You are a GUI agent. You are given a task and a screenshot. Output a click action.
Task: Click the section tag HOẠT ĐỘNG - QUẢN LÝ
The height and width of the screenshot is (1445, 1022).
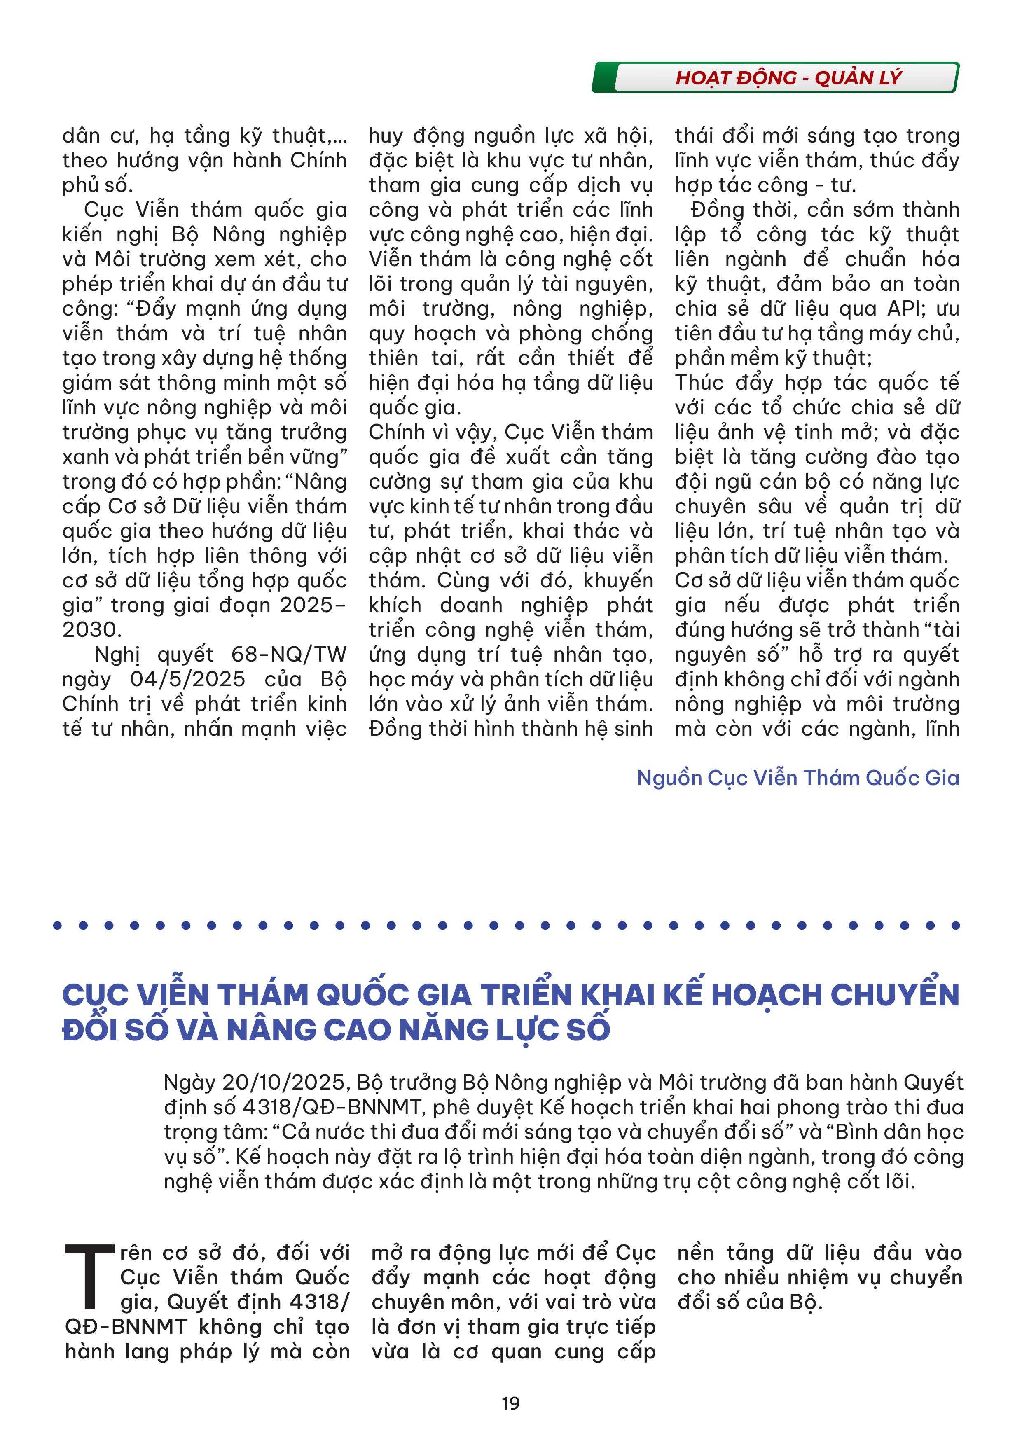pos(788,78)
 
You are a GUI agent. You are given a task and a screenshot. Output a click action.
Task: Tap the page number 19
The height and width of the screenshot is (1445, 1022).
pos(510,1403)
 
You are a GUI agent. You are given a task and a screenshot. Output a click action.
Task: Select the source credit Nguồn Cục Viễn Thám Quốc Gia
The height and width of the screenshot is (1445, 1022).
pos(798,778)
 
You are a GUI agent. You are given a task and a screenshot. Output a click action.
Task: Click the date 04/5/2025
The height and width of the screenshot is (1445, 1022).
pos(187,679)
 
